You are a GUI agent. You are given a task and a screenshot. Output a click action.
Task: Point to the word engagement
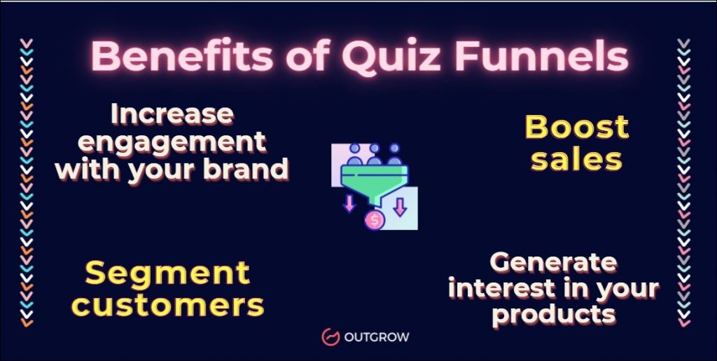point(172,142)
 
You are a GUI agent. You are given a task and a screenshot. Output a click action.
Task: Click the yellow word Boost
point(576,128)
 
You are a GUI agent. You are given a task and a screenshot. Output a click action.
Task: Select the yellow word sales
point(576,159)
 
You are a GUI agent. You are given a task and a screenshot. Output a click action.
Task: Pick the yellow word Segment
point(167,273)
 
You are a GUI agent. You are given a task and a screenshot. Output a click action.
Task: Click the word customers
point(168,305)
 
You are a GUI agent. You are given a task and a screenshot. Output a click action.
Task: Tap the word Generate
point(553,263)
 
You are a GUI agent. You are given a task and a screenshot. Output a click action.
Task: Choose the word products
point(553,314)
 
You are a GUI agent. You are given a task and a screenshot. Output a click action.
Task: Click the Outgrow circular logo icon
point(330,337)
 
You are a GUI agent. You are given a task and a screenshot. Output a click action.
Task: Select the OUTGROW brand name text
point(376,337)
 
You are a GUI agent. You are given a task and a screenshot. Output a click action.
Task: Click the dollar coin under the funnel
point(375,220)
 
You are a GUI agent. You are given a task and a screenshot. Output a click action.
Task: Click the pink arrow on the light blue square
point(400,207)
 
